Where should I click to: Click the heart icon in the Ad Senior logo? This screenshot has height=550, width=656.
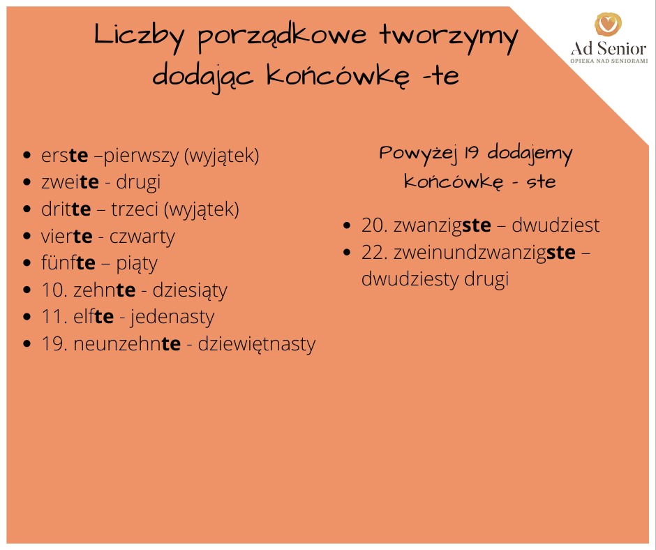point(609,24)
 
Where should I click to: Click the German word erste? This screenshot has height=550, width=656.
point(65,156)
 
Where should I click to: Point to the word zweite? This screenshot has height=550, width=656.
point(70,182)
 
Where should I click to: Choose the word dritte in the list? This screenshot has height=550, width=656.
point(66,209)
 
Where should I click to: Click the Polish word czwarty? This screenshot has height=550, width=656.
point(142,237)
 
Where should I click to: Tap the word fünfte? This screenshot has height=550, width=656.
point(68,262)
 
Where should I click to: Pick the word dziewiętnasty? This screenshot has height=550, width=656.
point(256,345)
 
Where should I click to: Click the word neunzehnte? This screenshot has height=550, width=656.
point(127,344)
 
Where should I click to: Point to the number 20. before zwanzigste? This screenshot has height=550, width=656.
point(375,225)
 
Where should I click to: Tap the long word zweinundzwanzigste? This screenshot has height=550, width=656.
point(484,253)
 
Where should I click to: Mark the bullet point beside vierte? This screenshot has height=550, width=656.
point(27,236)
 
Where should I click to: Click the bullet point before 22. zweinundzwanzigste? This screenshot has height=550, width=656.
point(347,253)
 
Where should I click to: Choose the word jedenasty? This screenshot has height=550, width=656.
point(172,318)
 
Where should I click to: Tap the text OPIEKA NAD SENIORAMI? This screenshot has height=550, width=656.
point(609,61)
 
